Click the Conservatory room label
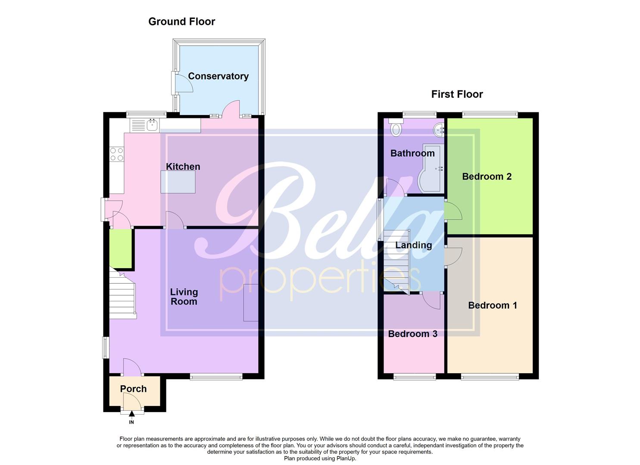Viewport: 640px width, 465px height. click(x=218, y=76)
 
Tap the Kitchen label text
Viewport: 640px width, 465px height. click(x=183, y=167)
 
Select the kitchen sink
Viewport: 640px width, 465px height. click(x=152, y=125)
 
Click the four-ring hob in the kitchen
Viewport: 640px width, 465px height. click(x=116, y=154)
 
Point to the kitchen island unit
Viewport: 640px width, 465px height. click(x=178, y=182)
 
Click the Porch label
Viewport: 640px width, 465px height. click(x=133, y=389)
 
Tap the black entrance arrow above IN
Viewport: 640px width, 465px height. click(x=131, y=414)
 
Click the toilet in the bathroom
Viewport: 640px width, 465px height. click(x=395, y=128)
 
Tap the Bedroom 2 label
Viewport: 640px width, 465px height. click(x=487, y=177)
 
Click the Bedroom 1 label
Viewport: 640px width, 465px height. click(x=492, y=305)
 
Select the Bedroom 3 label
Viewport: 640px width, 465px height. click(x=412, y=334)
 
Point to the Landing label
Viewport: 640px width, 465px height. click(x=413, y=245)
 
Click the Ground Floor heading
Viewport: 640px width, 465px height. click(x=181, y=22)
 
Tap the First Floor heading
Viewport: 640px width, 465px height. click(x=457, y=94)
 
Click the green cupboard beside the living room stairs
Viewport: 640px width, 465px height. click(x=120, y=248)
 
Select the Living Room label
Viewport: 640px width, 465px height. click(x=184, y=297)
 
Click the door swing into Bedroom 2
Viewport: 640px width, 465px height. click(x=453, y=211)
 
